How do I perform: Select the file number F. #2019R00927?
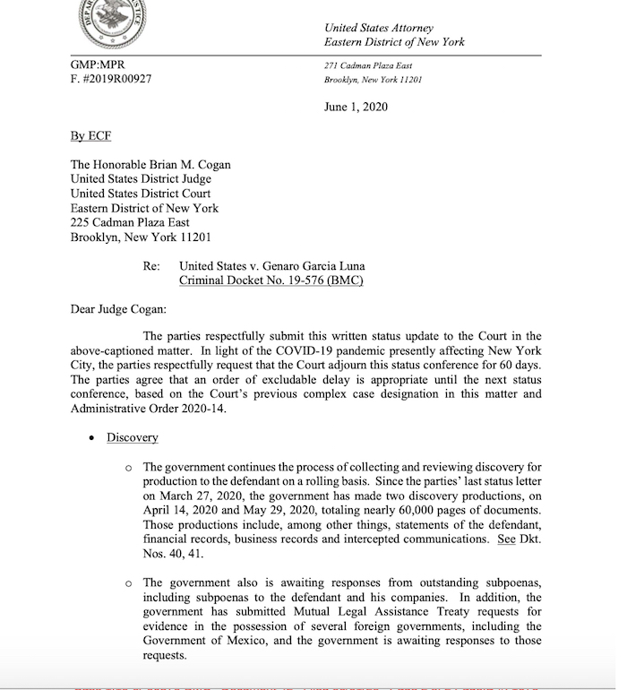coord(111,79)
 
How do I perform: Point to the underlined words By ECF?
coord(90,136)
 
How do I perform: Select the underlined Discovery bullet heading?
coord(133,437)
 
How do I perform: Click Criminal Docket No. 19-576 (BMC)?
coord(271,280)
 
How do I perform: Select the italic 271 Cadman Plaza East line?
coord(368,66)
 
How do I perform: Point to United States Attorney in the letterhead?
coord(379,29)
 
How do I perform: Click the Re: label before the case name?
coord(151,266)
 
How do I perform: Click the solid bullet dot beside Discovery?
coord(91,438)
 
